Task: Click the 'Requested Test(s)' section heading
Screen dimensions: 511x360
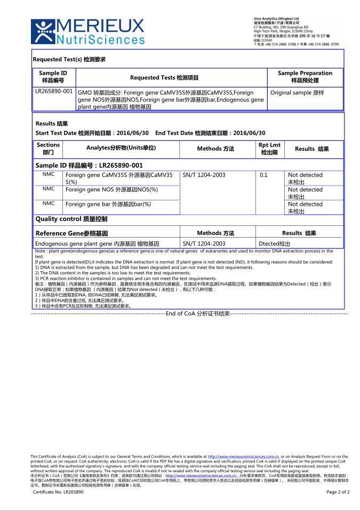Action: pyautogui.click(x=69, y=60)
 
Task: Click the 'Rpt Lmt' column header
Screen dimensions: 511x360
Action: pyautogui.click(x=269, y=149)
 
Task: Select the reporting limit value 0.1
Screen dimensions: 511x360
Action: pyautogui.click(x=263, y=175)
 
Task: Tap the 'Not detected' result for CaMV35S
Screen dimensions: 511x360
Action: pyautogui.click(x=305, y=178)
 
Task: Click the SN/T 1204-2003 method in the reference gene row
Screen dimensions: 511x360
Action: pyautogui.click(x=204, y=244)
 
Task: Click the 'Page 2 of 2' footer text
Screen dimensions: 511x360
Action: pyautogui.click(x=338, y=492)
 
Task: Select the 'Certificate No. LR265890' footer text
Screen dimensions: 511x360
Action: pyautogui.click(x=59, y=492)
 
